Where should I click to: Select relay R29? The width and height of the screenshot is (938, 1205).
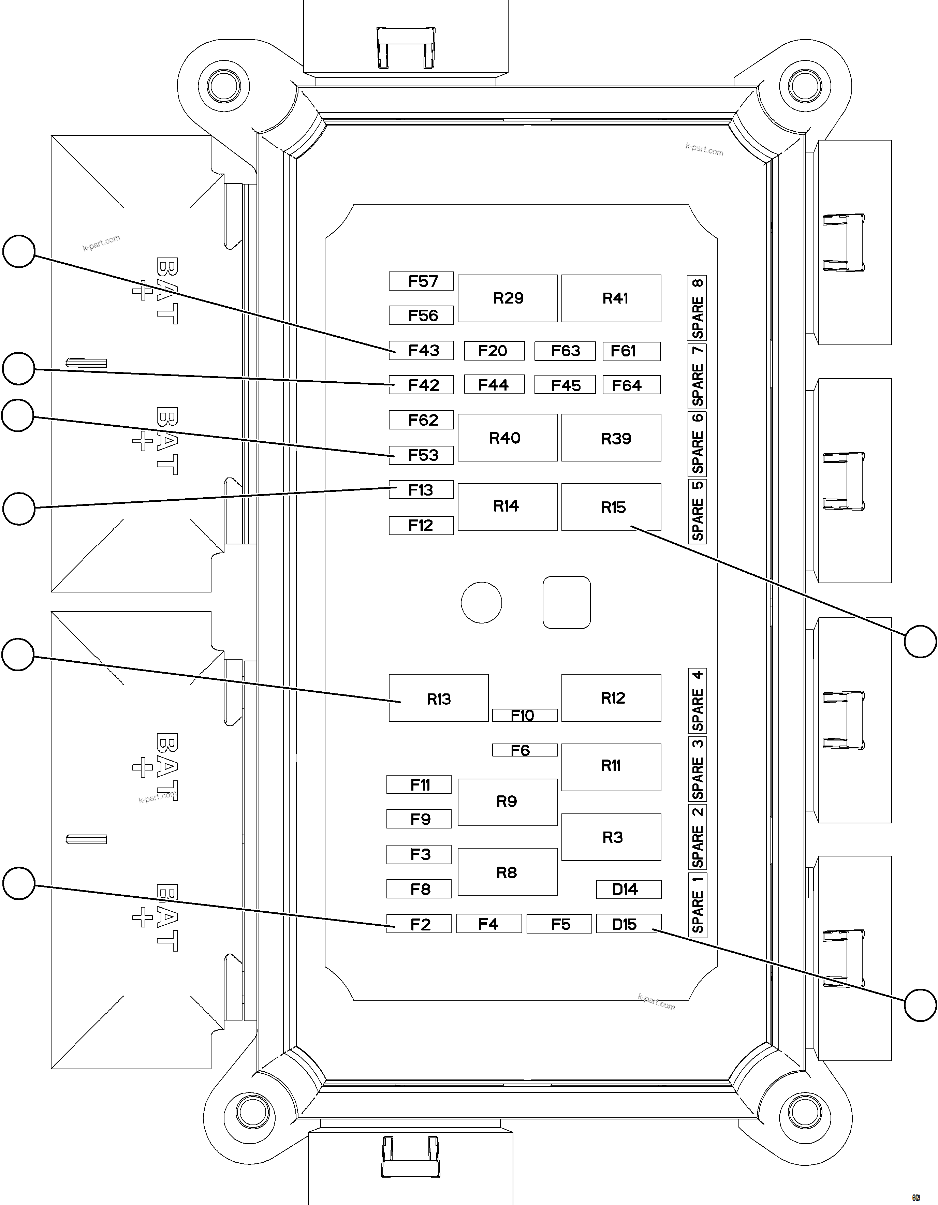[508, 298]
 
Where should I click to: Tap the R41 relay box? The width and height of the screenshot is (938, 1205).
[611, 298]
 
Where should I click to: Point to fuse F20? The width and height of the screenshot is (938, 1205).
[494, 351]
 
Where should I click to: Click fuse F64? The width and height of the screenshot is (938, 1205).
[631, 385]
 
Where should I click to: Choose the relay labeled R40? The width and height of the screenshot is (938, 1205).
[508, 438]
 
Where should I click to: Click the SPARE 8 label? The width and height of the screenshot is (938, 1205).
[698, 308]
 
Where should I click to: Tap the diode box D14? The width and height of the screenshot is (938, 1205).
[628, 890]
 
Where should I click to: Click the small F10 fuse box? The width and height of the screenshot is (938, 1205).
[525, 715]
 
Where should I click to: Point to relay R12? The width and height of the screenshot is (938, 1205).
[611, 698]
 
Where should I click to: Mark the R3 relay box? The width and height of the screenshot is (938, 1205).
[611, 837]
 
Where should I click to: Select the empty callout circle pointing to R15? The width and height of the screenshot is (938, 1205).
[920, 641]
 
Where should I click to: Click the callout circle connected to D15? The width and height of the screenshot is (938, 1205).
[920, 1005]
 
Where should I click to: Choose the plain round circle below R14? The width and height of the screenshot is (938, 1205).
[481, 602]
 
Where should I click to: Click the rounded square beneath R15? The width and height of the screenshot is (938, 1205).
[567, 602]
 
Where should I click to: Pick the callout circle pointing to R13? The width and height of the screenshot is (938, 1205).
[18, 655]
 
